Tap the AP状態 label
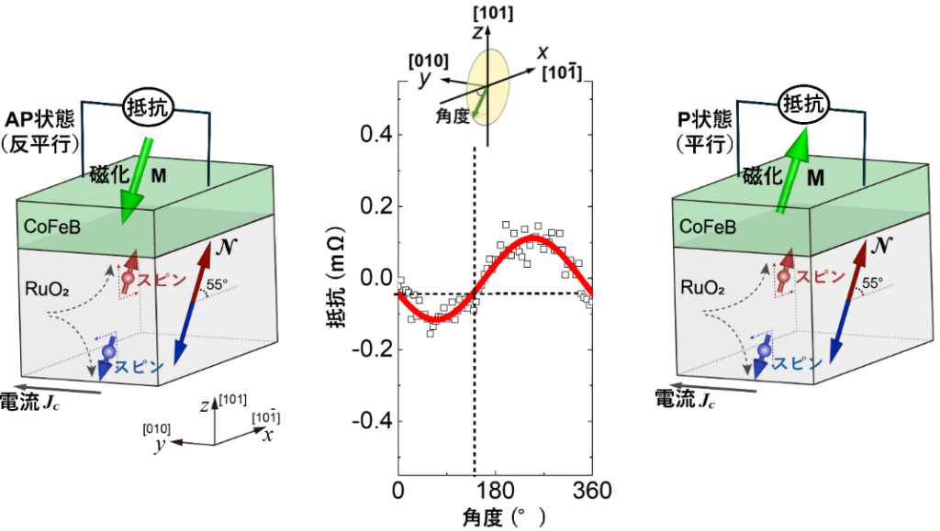click(44, 121)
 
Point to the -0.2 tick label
click(364, 349)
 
